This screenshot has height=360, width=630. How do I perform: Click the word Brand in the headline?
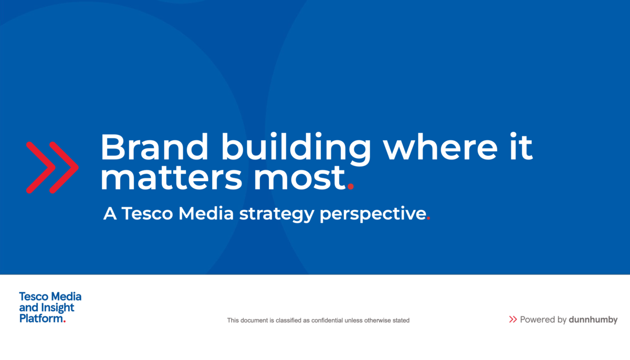click(x=154, y=147)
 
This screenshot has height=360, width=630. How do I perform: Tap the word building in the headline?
click(x=296, y=149)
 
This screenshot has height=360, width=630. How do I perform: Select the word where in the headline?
click(x=440, y=147)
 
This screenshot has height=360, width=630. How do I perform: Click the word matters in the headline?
click(x=171, y=177)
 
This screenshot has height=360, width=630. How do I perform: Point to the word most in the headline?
click(x=300, y=177)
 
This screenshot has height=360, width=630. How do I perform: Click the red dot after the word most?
click(x=351, y=187)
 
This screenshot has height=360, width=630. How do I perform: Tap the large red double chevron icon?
click(x=52, y=167)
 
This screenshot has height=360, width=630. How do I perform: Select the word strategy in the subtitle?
click(x=277, y=214)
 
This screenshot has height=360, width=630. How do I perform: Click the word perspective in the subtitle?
click(x=373, y=214)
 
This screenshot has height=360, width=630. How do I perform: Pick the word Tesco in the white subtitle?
click(x=147, y=213)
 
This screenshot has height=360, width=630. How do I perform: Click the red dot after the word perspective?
click(x=428, y=218)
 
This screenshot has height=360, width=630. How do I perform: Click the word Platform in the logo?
click(x=41, y=319)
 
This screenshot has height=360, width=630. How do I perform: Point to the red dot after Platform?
click(x=65, y=321)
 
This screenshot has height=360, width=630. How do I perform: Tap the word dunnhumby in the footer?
click(x=593, y=320)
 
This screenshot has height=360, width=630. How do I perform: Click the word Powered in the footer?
click(x=538, y=320)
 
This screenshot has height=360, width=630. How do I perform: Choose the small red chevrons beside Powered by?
click(x=513, y=320)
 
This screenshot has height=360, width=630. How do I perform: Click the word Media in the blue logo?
click(x=66, y=297)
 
